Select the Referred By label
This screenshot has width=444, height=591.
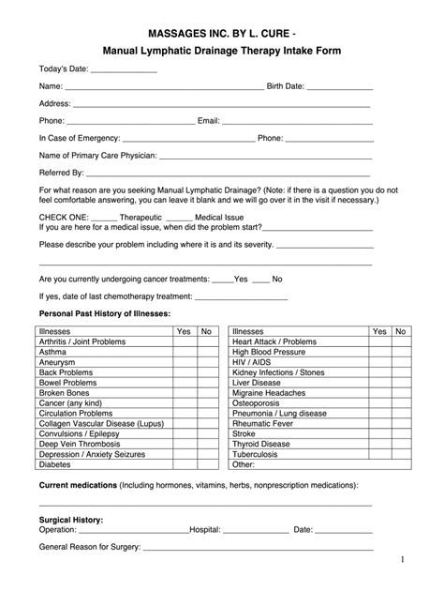coord(62,173)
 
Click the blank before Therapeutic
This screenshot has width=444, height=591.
coord(105,218)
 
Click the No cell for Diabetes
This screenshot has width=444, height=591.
coord(206,463)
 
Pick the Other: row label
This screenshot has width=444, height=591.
coord(244,463)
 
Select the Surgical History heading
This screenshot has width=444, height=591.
coord(70,519)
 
